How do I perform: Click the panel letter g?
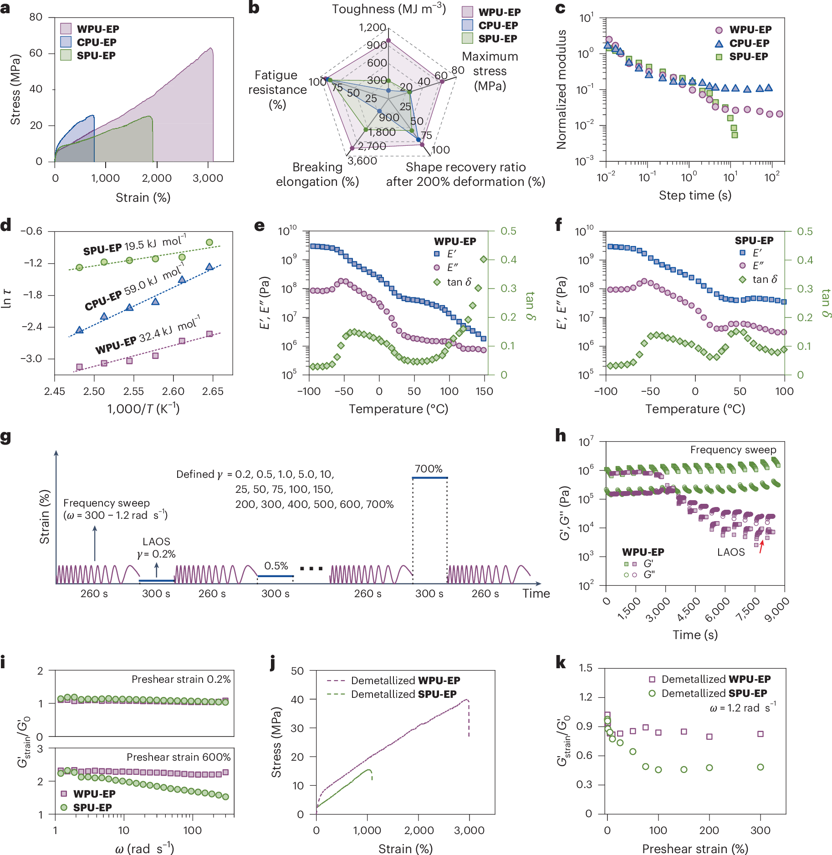(x=6, y=437)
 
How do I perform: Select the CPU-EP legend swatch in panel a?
(x=66, y=42)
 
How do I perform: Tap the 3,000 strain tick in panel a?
(x=208, y=178)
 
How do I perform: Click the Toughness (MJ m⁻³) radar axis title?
(x=388, y=9)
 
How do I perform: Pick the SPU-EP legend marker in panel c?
(x=719, y=57)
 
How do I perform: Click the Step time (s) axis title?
(x=695, y=195)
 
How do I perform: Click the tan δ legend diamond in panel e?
(x=437, y=282)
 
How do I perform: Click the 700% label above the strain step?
(x=429, y=469)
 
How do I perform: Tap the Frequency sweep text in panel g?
(x=107, y=503)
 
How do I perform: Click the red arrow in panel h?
(x=761, y=547)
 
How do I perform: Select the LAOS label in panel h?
(x=731, y=552)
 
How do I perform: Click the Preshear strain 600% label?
(x=179, y=757)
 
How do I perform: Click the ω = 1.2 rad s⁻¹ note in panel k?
(x=742, y=708)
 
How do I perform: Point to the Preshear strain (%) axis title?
(x=695, y=849)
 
